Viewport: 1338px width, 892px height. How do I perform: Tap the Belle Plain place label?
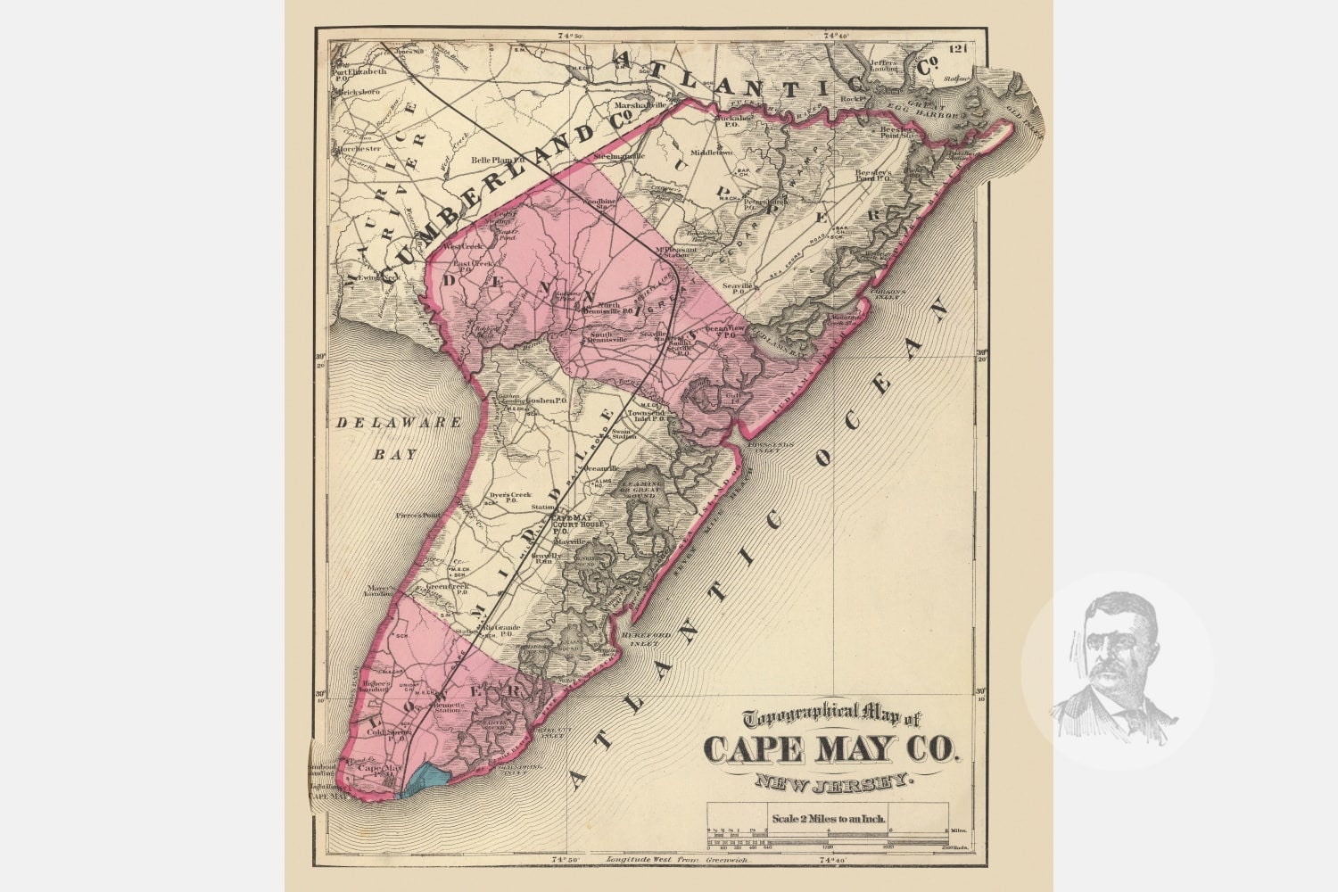[491, 161]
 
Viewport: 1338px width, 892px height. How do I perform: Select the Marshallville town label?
[639, 105]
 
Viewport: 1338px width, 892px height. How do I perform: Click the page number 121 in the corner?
[960, 48]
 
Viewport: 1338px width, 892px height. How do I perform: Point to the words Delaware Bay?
[385, 437]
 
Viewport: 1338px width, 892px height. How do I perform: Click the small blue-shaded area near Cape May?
[422, 780]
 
